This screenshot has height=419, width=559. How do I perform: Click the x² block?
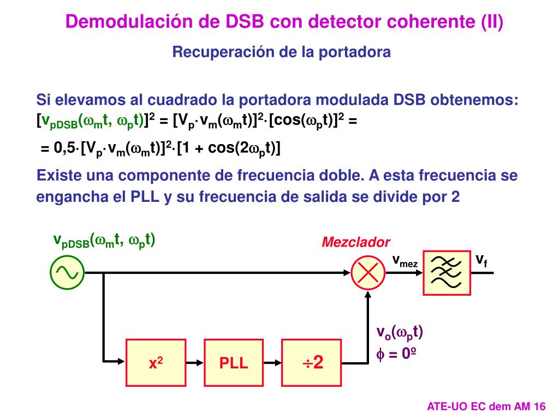[x=156, y=362]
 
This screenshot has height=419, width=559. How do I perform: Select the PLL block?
[x=234, y=362]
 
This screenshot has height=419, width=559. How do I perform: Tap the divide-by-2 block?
[x=312, y=362]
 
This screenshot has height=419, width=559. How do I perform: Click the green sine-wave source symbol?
[x=67, y=272]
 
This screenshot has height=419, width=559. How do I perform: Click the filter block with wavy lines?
[x=447, y=273]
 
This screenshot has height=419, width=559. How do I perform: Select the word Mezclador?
[x=356, y=242]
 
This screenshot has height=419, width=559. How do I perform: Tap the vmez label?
[x=405, y=261]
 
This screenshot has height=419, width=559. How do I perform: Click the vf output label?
[x=481, y=260]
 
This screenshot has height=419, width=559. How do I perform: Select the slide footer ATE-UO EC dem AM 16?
[x=486, y=406]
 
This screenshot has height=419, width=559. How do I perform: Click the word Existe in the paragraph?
[x=57, y=176]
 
